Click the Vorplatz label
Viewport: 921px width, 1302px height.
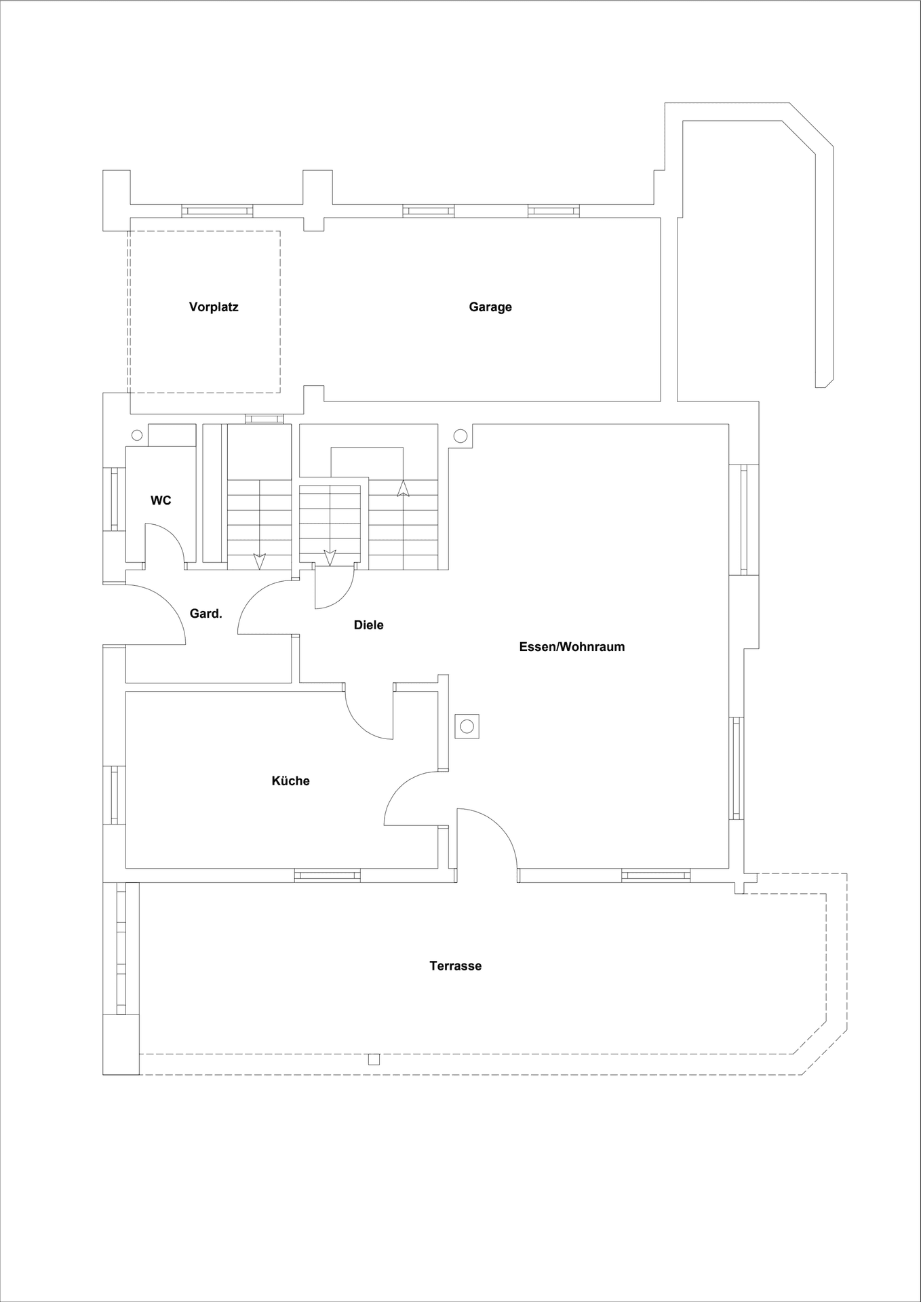pos(214,307)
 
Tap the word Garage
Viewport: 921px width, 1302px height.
pos(490,307)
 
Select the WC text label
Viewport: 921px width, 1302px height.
pos(161,500)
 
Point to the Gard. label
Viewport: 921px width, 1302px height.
pos(205,614)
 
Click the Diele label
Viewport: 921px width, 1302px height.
pos(368,625)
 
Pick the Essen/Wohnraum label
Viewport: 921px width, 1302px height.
pos(572,647)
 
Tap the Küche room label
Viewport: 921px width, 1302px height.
pos(290,781)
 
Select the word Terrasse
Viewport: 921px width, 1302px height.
pos(455,966)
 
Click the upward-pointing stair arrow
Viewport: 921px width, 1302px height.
pos(403,488)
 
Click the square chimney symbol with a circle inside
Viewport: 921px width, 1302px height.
pos(467,726)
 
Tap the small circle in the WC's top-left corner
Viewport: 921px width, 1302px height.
pos(136,435)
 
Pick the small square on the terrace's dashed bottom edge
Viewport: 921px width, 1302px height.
pos(374,1059)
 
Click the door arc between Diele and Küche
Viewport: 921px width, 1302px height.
pos(361,723)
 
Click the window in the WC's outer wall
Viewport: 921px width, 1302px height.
pos(114,499)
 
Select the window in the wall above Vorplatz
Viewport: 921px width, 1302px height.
pos(217,211)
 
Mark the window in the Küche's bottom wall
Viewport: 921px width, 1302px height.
pos(327,875)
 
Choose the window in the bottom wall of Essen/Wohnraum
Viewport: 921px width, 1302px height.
pos(656,875)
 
